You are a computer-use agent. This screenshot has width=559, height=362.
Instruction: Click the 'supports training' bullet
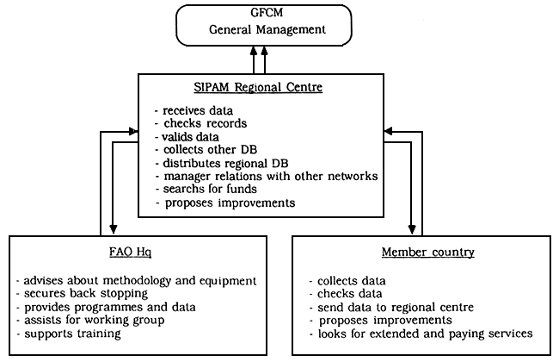[x=71, y=334]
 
